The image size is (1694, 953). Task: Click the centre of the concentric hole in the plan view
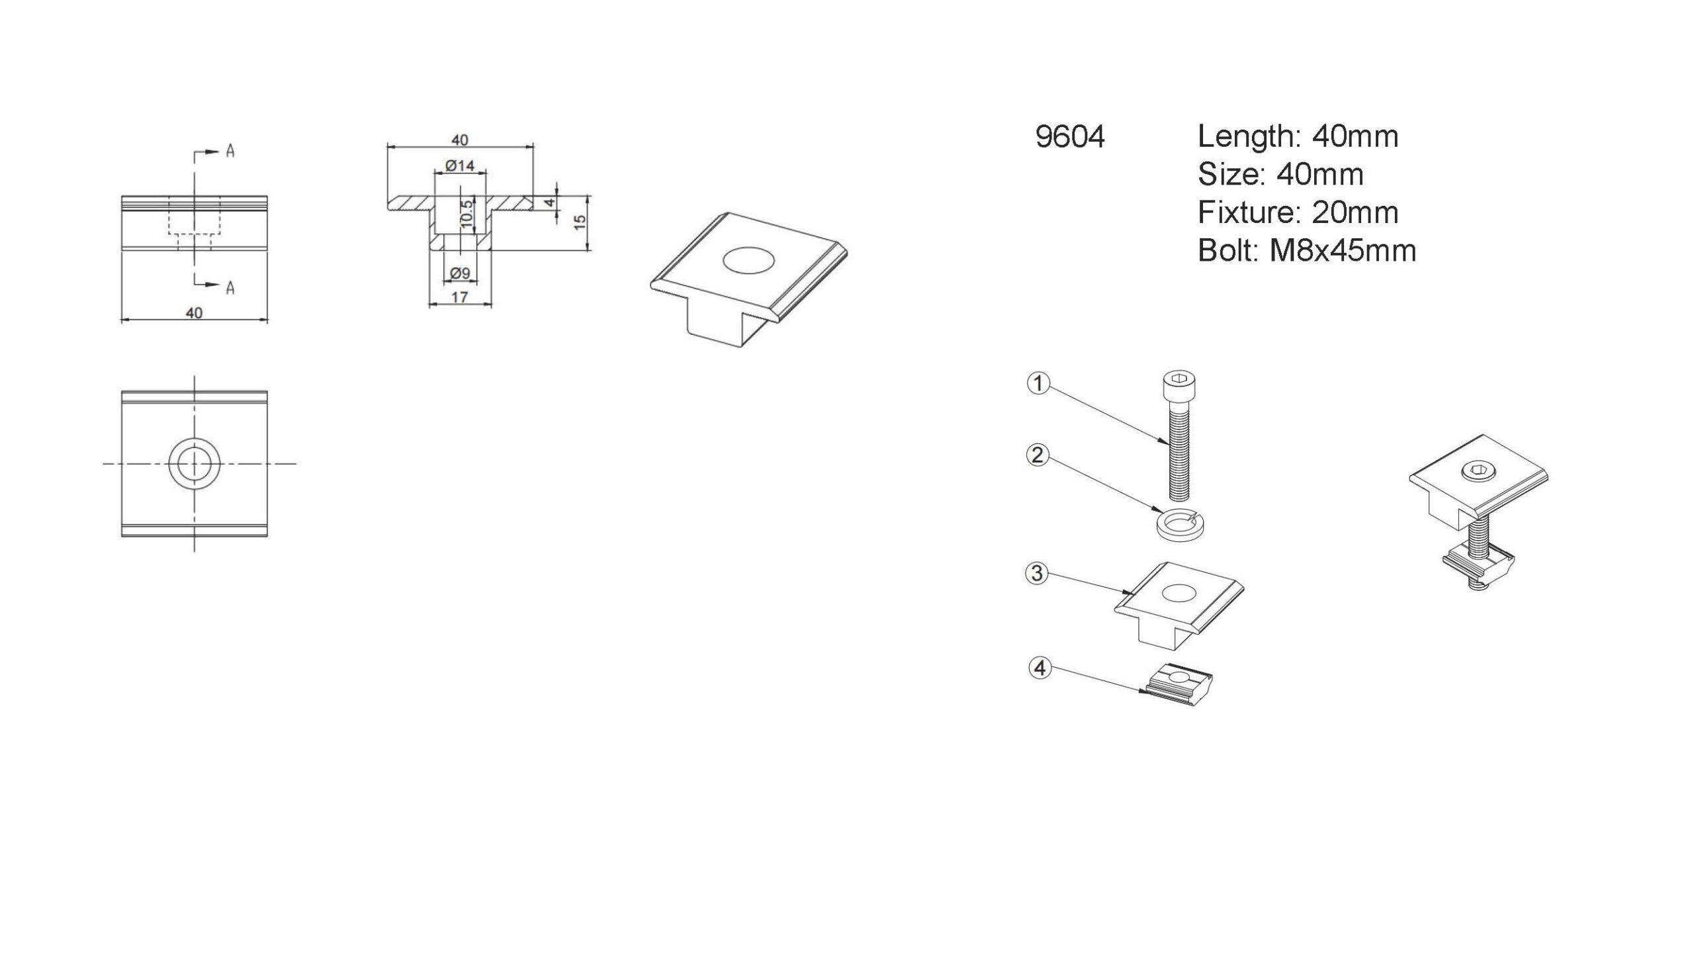pos(194,463)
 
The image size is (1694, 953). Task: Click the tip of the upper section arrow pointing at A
pos(219,152)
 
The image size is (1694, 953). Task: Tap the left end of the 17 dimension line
pos(429,304)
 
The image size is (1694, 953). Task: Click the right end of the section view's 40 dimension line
pos(533,146)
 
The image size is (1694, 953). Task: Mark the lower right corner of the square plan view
pos(267,536)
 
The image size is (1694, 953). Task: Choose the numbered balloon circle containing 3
pos(1038,572)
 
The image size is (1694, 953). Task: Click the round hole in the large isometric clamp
pos(749,259)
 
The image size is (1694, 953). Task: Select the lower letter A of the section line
pos(230,287)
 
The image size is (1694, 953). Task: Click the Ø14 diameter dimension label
pos(460,165)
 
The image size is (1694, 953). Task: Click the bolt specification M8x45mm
pos(1343,251)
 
